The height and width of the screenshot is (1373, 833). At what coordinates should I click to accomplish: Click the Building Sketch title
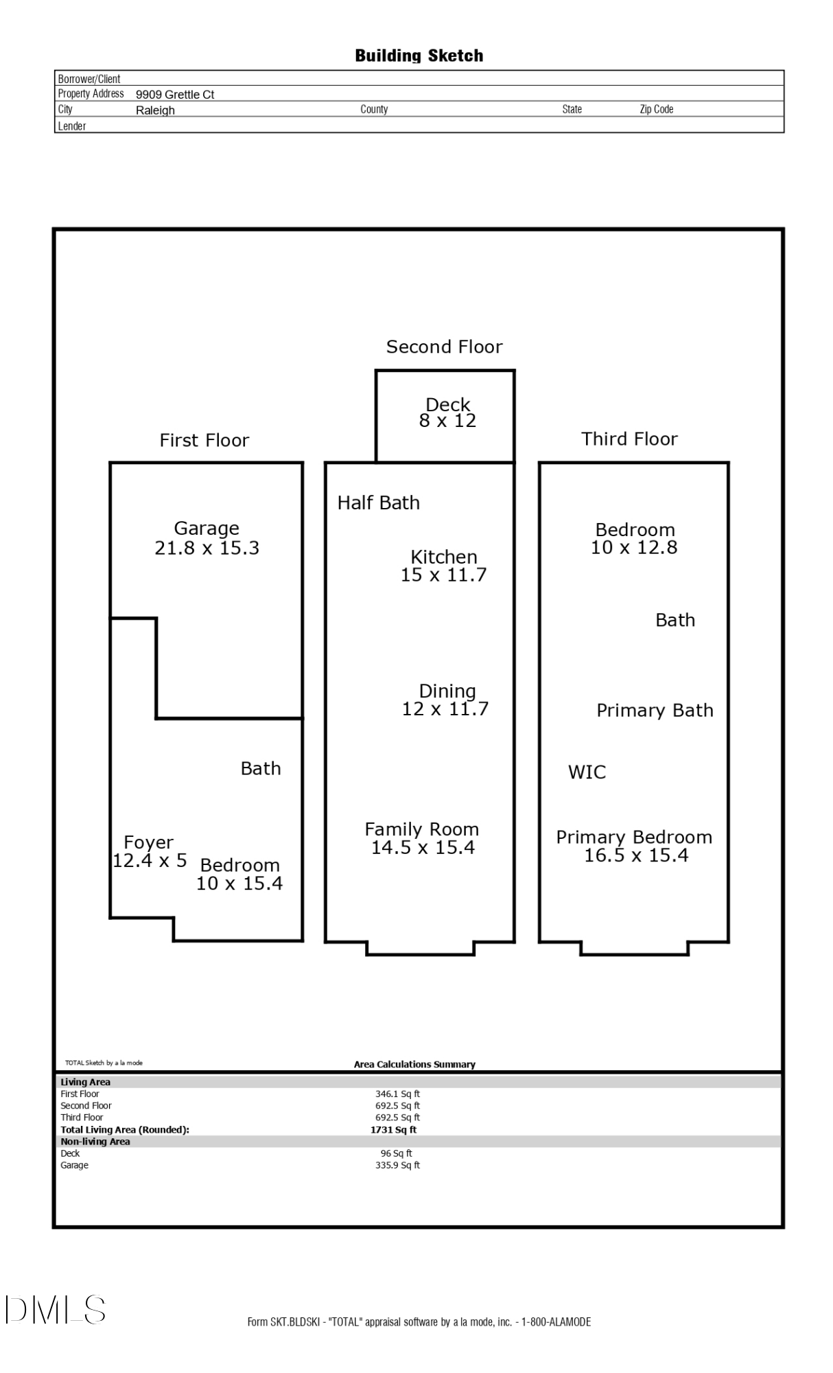pyautogui.click(x=419, y=56)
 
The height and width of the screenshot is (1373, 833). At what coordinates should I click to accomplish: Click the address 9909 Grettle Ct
pyautogui.click(x=175, y=95)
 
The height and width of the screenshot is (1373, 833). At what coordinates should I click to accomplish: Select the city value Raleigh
pyautogui.click(x=155, y=111)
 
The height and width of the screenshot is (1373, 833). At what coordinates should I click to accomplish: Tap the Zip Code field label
pyautogui.click(x=656, y=109)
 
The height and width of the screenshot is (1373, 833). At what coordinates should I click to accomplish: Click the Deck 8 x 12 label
pyautogui.click(x=447, y=413)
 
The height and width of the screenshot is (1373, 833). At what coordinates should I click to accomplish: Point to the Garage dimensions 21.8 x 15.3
pyautogui.click(x=207, y=548)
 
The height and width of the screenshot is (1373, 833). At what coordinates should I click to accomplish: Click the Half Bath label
pyautogui.click(x=378, y=503)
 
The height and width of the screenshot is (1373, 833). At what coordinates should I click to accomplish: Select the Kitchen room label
pyautogui.click(x=443, y=557)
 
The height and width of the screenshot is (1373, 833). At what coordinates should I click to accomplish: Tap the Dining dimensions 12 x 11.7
pyautogui.click(x=445, y=709)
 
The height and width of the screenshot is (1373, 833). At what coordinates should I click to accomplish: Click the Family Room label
pyautogui.click(x=421, y=829)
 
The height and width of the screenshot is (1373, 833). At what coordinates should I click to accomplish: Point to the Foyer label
pyautogui.click(x=148, y=842)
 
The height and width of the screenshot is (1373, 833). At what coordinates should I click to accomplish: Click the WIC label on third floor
pyautogui.click(x=587, y=772)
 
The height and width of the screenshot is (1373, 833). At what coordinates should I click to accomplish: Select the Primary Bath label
pyautogui.click(x=655, y=711)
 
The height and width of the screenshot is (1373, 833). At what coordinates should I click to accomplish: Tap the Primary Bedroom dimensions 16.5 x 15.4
pyautogui.click(x=635, y=855)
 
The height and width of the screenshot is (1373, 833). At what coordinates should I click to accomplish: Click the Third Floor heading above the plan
pyautogui.click(x=629, y=439)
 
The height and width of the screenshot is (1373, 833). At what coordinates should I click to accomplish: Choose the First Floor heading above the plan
pyautogui.click(x=204, y=440)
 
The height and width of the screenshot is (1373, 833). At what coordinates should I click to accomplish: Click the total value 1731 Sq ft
pyautogui.click(x=393, y=1129)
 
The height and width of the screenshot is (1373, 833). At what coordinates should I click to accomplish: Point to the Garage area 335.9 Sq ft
pyautogui.click(x=397, y=1165)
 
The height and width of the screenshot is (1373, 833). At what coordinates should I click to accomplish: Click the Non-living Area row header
pyautogui.click(x=95, y=1142)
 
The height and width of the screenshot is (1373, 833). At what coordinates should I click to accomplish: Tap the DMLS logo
pyautogui.click(x=56, y=1310)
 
